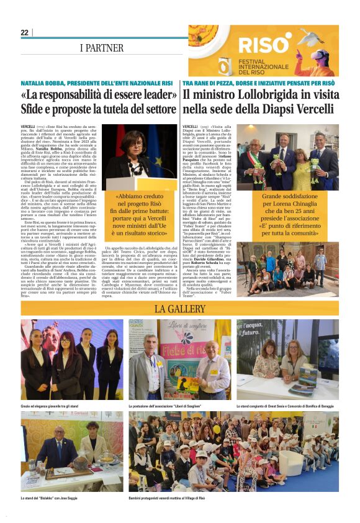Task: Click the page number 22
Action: tap(24, 32)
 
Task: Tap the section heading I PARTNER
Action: tap(101, 48)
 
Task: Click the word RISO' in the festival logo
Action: tap(264, 45)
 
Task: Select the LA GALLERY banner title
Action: tap(180, 309)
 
